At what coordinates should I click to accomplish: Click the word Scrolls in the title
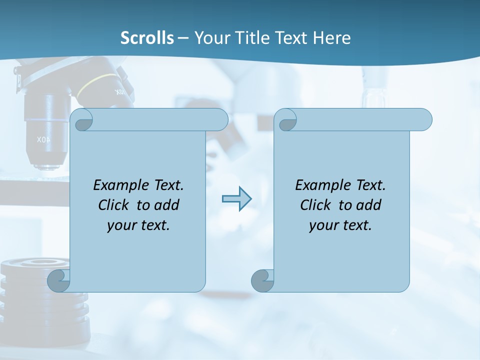(147, 38)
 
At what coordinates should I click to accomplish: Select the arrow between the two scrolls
(236, 199)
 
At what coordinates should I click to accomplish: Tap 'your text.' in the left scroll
(138, 225)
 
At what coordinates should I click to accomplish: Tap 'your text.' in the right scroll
(340, 225)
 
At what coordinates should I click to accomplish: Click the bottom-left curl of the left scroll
(59, 281)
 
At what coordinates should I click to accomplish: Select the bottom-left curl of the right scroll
(262, 281)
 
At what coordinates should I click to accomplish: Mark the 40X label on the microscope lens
(43, 140)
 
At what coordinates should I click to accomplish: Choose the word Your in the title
(210, 38)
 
